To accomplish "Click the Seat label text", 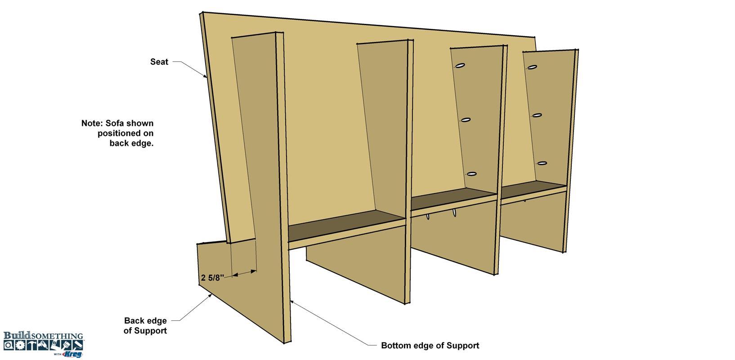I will click(x=159, y=62).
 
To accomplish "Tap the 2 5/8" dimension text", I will click(x=212, y=278).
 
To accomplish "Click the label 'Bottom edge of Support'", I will click(x=430, y=346).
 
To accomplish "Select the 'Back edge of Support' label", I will click(x=145, y=325).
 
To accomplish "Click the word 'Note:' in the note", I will click(x=92, y=123).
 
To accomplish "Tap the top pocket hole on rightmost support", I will click(x=532, y=67).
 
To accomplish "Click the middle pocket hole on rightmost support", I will click(x=537, y=116).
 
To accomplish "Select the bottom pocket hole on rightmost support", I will click(x=542, y=163).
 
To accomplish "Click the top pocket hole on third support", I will click(x=460, y=66).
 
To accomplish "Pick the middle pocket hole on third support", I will click(x=466, y=120).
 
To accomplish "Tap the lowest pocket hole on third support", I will click(x=471, y=174).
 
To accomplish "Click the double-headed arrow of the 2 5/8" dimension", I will click(x=244, y=273).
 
